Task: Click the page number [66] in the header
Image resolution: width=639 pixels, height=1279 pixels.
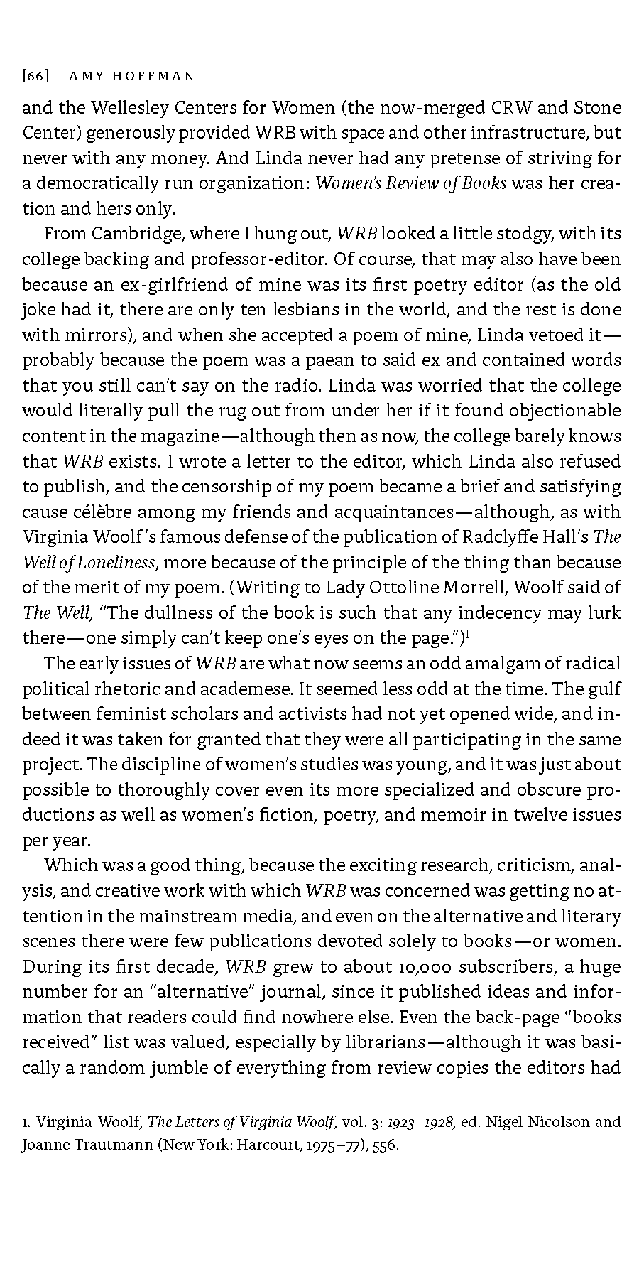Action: point(35,75)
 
